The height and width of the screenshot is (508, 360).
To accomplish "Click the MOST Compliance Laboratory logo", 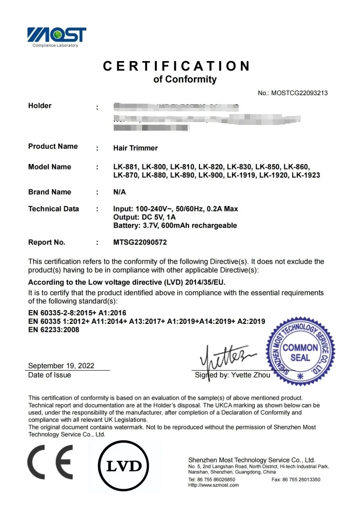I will [56, 36].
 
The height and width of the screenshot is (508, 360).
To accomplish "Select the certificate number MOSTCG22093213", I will [299, 93].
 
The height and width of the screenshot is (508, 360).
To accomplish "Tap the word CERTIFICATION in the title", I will [176, 66].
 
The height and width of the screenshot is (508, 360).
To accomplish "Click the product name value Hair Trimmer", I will [135, 148].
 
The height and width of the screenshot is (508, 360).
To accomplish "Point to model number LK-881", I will [126, 167].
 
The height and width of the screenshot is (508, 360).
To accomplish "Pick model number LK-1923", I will [306, 175].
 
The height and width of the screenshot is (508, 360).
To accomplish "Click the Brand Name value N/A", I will [120, 192].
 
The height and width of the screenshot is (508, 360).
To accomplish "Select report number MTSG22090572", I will [140, 242].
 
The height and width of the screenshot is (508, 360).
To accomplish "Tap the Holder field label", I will [40, 106].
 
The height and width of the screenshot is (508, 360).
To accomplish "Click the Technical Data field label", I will [54, 209].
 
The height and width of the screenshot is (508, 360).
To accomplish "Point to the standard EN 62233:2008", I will [54, 330].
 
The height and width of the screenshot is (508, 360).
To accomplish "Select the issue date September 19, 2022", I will [61, 365].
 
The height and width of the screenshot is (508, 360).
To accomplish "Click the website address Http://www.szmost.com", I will [214, 485].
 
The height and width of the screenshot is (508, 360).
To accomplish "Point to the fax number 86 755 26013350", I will [302, 480].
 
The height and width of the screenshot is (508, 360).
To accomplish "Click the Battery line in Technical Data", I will [175, 225].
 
